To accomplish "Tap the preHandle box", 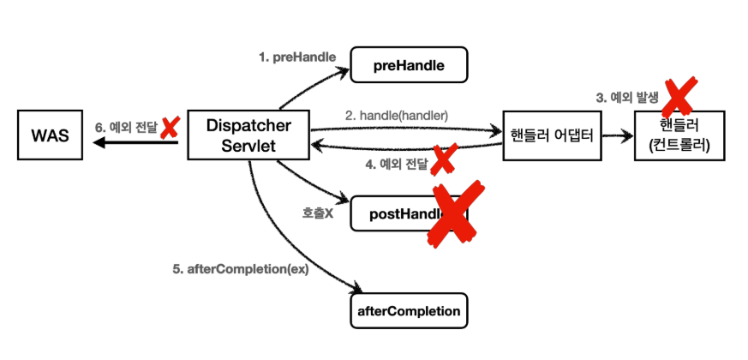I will [408, 65].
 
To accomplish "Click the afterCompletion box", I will [408, 310].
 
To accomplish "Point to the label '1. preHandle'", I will [296, 57].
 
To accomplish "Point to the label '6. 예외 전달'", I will [126, 128].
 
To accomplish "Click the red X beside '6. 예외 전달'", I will [169, 128].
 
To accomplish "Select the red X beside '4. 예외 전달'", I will [442, 159].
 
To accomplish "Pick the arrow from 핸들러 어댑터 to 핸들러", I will [616, 135].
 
